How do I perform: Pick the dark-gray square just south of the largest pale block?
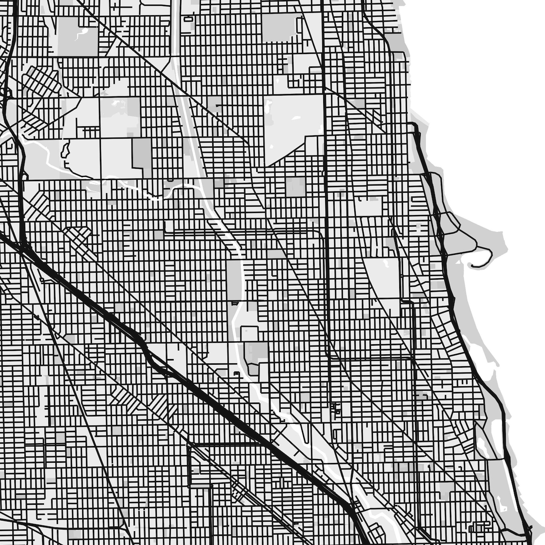tap(295, 186)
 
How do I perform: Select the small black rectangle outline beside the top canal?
tap(187, 19)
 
